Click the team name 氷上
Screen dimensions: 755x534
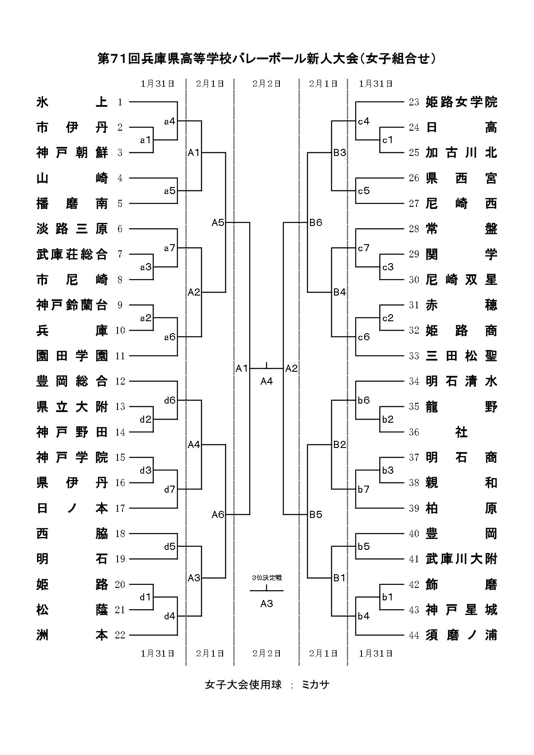pyautogui.click(x=72, y=102)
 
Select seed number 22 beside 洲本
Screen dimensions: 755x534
pyautogui.click(x=120, y=635)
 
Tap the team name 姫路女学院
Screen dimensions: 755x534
pyautogui.click(x=461, y=102)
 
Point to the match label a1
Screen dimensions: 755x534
pyautogui.click(x=145, y=140)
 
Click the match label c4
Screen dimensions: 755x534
pyautogui.click(x=364, y=121)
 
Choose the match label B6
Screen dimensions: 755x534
pyautogui.click(x=316, y=222)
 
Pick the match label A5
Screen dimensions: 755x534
pyautogui.click(x=218, y=222)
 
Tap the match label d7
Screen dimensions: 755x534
pyautogui.click(x=170, y=490)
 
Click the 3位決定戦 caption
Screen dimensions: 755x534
pyautogui.click(x=267, y=578)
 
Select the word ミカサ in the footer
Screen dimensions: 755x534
pyautogui.click(x=315, y=685)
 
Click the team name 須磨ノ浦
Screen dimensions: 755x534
pyautogui.click(x=461, y=635)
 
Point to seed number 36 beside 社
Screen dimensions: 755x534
pyautogui.click(x=414, y=432)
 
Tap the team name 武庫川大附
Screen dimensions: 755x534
pyautogui.click(x=461, y=559)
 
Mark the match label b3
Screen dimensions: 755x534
pyautogui.click(x=388, y=470)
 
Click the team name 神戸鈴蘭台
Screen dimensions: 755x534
pyautogui.click(x=72, y=305)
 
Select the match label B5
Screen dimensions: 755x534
pyautogui.click(x=316, y=514)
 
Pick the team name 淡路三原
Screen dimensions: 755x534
pyautogui.click(x=72, y=229)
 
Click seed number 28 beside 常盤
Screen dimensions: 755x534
pyautogui.click(x=414, y=229)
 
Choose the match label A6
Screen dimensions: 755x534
pyautogui.click(x=218, y=514)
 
